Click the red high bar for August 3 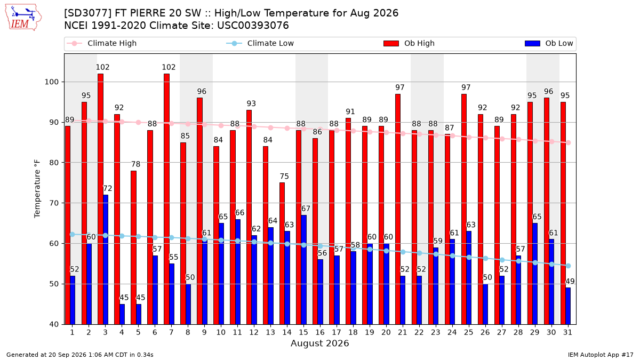[x=101, y=199]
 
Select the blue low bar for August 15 [x=303, y=270]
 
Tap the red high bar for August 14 [x=282, y=254]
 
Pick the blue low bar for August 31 [x=568, y=306]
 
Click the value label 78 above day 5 [x=135, y=164]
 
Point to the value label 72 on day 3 [x=107, y=189]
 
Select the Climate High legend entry [x=101, y=43]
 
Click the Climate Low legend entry [x=260, y=43]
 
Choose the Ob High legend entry [x=409, y=43]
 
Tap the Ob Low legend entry [x=549, y=43]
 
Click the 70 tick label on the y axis [x=54, y=203]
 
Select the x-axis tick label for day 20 [x=386, y=333]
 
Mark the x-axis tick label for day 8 [x=188, y=333]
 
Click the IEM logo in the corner [x=23, y=18]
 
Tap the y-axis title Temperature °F [x=37, y=189]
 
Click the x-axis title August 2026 [x=319, y=343]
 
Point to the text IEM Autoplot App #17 [x=601, y=355]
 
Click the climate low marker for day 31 [x=569, y=266]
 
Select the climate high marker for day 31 [x=569, y=143]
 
